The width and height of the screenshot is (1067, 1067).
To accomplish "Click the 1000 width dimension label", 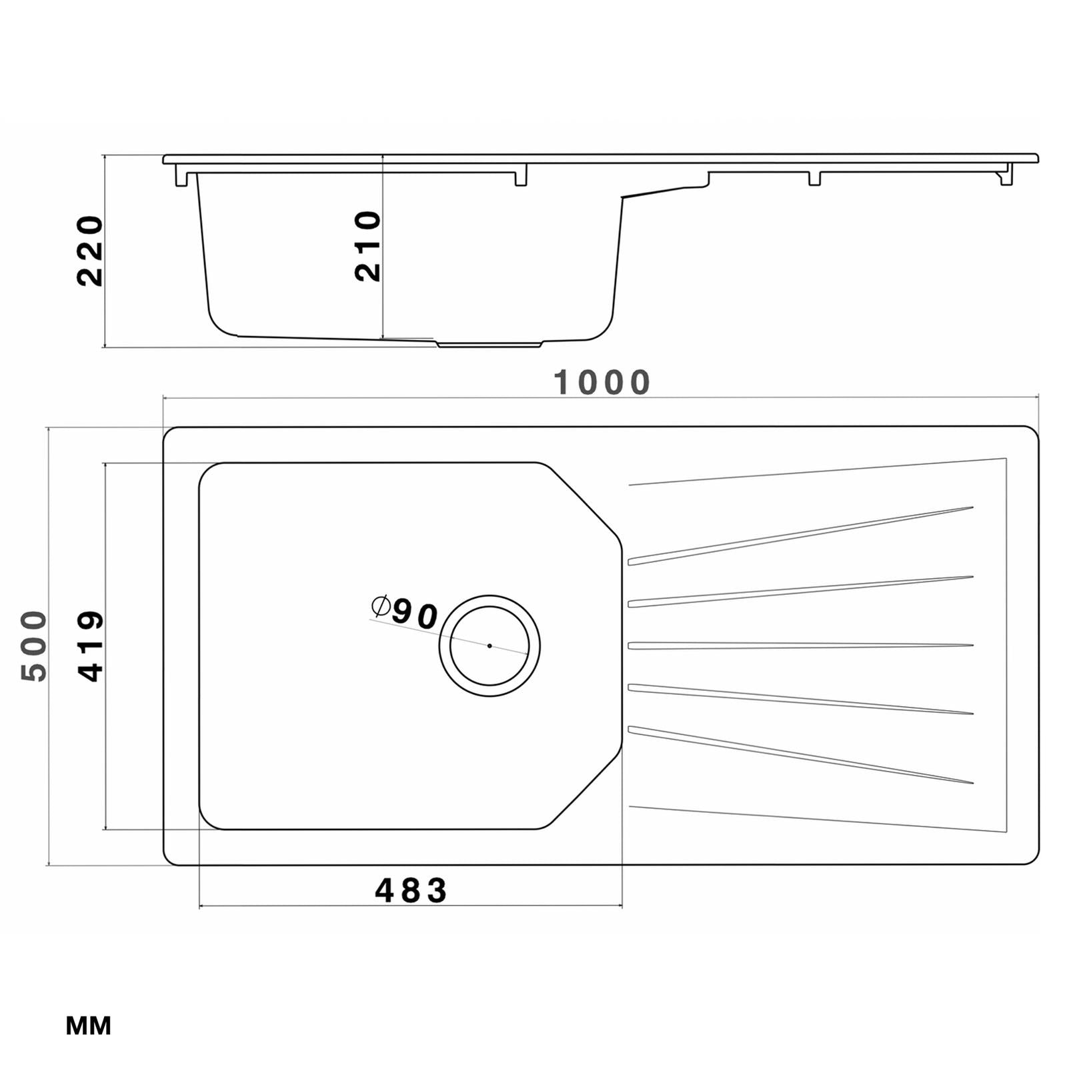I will (602, 383).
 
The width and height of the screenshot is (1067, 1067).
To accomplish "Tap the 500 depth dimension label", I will (35, 646).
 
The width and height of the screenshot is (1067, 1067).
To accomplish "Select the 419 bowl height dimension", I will (91, 646).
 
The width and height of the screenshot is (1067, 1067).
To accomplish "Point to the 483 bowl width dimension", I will (411, 891).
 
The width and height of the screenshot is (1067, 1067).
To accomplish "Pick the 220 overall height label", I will (90, 251).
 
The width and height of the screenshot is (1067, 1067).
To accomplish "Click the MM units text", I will (88, 1026).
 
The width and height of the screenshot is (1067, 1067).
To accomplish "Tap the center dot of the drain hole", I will (489, 646).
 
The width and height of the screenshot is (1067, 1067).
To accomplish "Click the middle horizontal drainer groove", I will (800, 646).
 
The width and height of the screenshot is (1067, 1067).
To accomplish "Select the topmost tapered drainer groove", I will (800, 535).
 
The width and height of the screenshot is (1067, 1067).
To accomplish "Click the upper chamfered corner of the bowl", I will (586, 500).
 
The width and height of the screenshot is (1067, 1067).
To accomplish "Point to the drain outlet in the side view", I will (489, 345).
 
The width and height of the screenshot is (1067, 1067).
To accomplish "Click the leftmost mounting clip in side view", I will (181, 178).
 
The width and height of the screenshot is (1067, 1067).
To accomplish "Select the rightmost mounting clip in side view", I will (1006, 177).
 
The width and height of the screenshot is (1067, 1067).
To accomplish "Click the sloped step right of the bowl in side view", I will (660, 191).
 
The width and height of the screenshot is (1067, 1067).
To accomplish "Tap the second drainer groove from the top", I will (800, 591).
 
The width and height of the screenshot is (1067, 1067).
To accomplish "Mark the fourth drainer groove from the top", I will (800, 700).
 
